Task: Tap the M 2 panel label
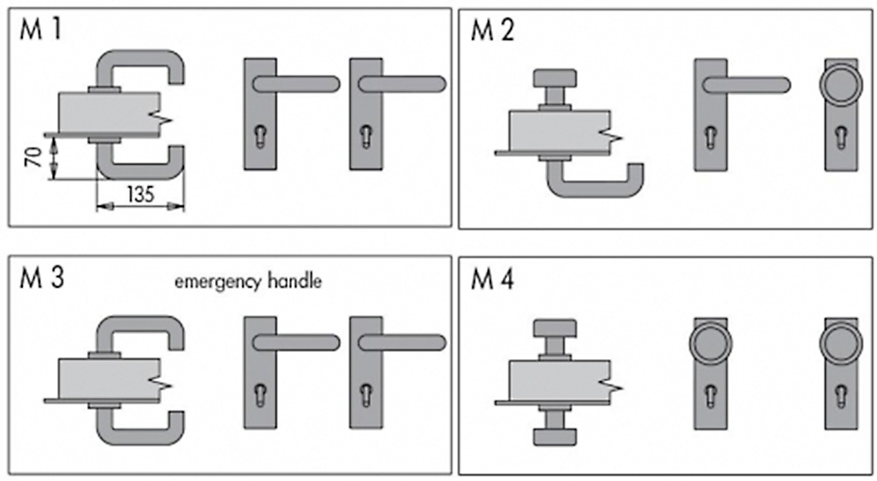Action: coord(494,31)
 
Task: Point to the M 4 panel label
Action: coord(494,280)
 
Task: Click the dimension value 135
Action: coord(139,194)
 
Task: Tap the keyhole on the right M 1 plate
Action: coord(365,137)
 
